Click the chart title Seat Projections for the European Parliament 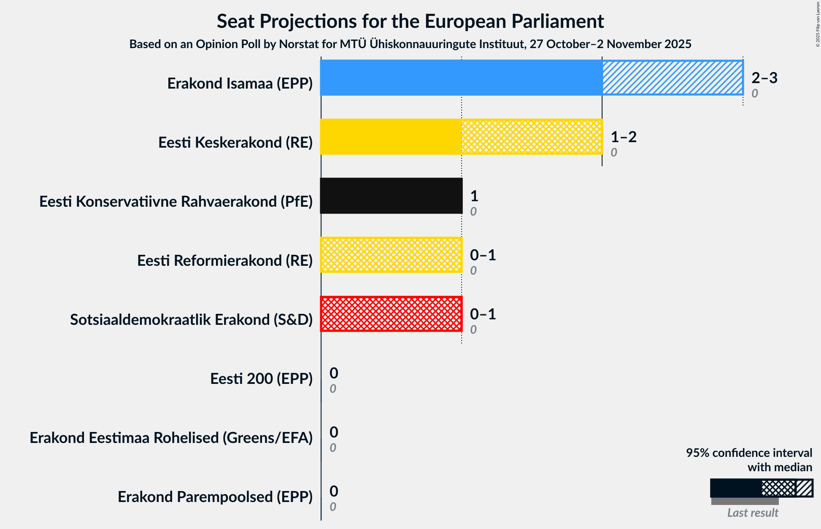pyautogui.click(x=410, y=22)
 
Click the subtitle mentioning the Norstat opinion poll pyautogui.click(x=410, y=44)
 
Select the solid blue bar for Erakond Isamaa pyautogui.click(x=461, y=78)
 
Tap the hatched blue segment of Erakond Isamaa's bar pyautogui.click(x=672, y=78)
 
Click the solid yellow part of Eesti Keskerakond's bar pyautogui.click(x=391, y=137)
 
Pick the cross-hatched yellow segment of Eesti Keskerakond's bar pyautogui.click(x=532, y=137)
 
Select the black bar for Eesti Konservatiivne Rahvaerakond pyautogui.click(x=391, y=196)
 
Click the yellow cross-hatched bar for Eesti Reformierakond pyautogui.click(x=391, y=255)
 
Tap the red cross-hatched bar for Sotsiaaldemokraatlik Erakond pyautogui.click(x=391, y=314)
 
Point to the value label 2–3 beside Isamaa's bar pyautogui.click(x=764, y=78)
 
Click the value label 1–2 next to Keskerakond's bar pyautogui.click(x=623, y=137)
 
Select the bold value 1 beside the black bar pyautogui.click(x=474, y=196)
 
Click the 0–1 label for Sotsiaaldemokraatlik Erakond pyautogui.click(x=483, y=314)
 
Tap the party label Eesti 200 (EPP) pyautogui.click(x=261, y=379)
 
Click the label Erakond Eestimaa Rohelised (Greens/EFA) pyautogui.click(x=171, y=438)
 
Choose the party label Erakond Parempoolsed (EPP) pyautogui.click(x=215, y=497)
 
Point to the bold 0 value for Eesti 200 pyautogui.click(x=334, y=373)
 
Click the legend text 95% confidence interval pyautogui.click(x=748, y=453)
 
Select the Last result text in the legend pyautogui.click(x=752, y=513)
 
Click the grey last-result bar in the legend pyautogui.click(x=745, y=501)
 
